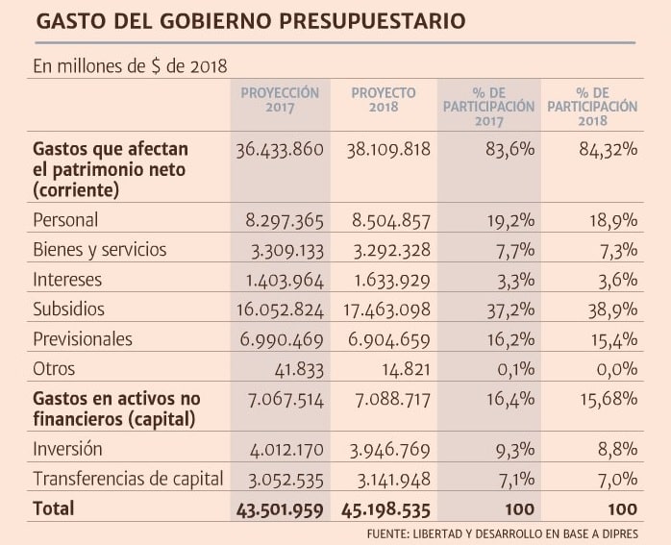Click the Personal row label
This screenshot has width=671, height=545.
[65, 220]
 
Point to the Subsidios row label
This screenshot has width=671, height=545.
[68, 310]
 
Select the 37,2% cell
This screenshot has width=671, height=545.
[509, 310]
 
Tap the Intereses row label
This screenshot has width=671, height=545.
[67, 280]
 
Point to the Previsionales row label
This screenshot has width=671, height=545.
[83, 339]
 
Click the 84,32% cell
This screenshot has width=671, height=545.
[606, 151]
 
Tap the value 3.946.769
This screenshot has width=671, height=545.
[385, 449]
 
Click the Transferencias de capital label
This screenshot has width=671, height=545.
[128, 479]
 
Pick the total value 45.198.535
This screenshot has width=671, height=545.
[382, 508]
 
